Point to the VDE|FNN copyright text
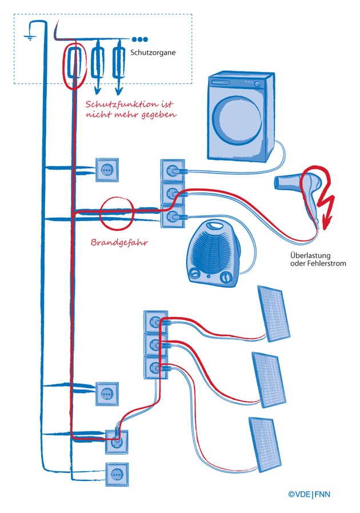[309, 493]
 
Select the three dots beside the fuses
[140, 39]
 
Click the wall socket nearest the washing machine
[172, 170]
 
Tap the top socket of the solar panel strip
[153, 321]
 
